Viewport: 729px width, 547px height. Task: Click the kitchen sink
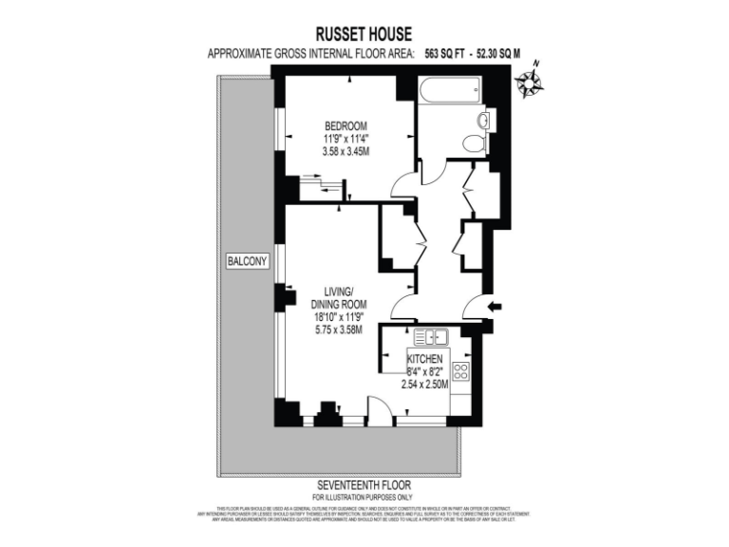tap(431, 336)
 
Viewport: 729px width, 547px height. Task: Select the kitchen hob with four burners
tap(462, 369)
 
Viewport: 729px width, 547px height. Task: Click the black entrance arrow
tap(495, 306)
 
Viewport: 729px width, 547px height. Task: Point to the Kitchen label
tap(426, 359)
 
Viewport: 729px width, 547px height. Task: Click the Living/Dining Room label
tap(339, 297)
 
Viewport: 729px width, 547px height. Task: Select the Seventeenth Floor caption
tap(364, 483)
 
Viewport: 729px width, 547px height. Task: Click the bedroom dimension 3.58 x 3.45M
tap(346, 152)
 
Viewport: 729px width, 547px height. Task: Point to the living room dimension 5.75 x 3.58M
tap(340, 330)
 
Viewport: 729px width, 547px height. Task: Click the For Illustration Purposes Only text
tap(364, 496)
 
